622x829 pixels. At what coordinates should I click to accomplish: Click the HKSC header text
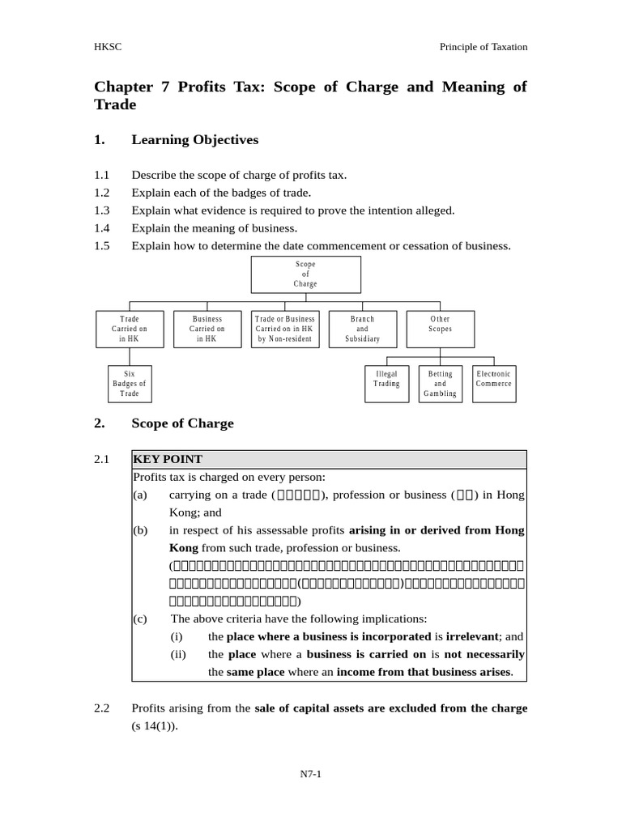click(x=108, y=47)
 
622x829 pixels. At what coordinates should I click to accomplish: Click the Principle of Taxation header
click(x=483, y=47)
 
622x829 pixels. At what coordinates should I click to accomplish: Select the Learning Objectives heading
click(x=194, y=140)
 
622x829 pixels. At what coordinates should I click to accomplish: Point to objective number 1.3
click(x=101, y=210)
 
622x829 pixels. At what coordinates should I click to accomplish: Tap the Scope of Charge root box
click(x=305, y=274)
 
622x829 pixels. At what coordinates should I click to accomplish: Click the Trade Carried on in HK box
click(x=130, y=329)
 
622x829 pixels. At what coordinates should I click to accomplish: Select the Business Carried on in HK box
click(x=207, y=329)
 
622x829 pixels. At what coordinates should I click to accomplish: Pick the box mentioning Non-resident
click(x=284, y=329)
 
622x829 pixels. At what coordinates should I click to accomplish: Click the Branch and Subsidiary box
click(x=362, y=329)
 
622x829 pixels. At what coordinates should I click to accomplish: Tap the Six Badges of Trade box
click(x=130, y=384)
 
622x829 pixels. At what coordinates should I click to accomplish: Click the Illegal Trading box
click(x=386, y=380)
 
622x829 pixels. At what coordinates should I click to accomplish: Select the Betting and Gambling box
click(x=440, y=384)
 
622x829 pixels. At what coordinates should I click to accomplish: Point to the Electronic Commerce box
click(x=493, y=380)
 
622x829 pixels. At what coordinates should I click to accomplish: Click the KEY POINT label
click(x=168, y=459)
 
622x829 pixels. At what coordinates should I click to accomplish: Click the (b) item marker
click(x=140, y=530)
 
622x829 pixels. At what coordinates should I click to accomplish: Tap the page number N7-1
click(x=311, y=774)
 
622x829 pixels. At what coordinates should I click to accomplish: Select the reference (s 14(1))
click(x=154, y=726)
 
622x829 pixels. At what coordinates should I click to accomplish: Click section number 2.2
click(x=101, y=708)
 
